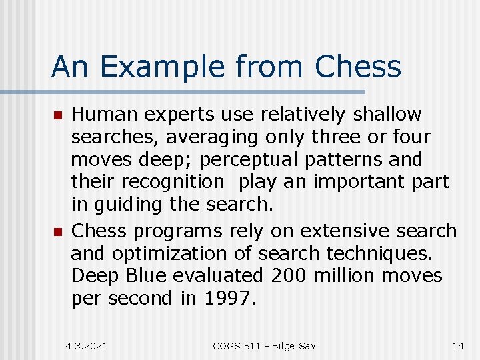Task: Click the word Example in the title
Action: (157, 67)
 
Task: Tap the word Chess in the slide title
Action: (358, 67)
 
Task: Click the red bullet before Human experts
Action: (57, 116)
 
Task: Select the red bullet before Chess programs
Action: (57, 232)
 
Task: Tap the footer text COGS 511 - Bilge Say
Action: (264, 346)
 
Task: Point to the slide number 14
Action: (458, 346)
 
